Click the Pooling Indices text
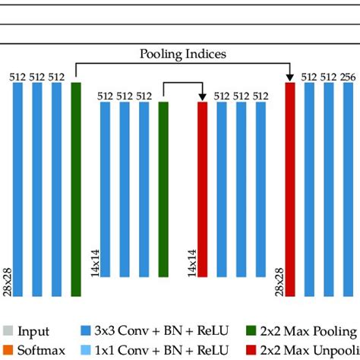pos(182,55)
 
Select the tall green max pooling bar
pos(76,189)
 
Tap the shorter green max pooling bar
pos(163,189)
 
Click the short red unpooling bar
pos(202,189)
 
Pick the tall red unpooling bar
pos(289,189)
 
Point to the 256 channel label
pos(347,77)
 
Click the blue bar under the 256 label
pos(347,189)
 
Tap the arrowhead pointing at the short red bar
pos(202,96)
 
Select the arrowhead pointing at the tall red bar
pos(289,77)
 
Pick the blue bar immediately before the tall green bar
pos(56,189)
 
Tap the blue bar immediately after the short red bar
pos(222,189)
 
